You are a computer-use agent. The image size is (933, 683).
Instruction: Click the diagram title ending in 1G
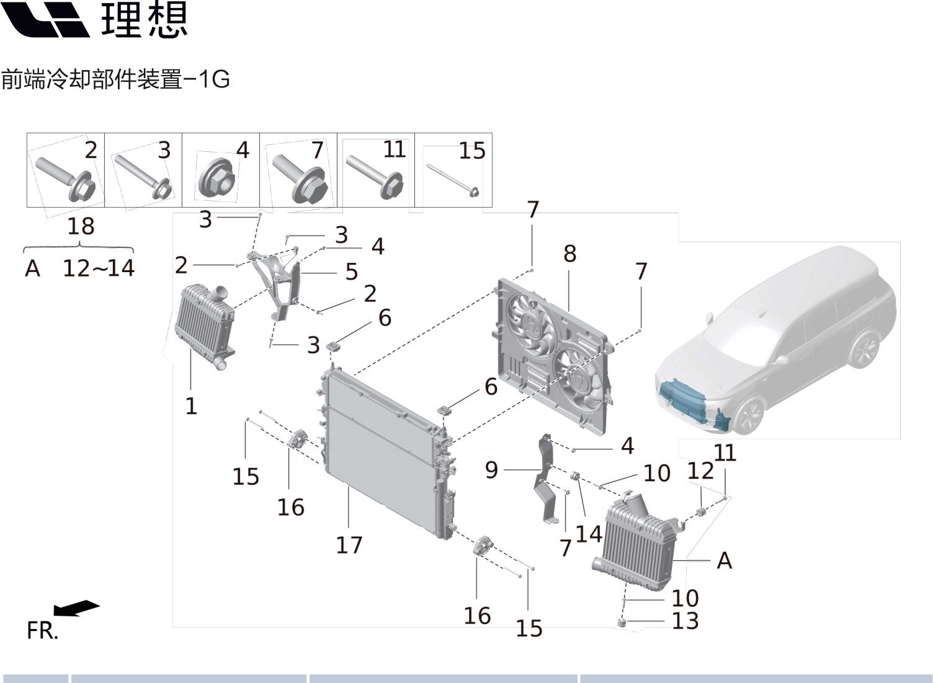(115, 79)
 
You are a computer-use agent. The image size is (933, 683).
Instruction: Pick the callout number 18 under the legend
(81, 226)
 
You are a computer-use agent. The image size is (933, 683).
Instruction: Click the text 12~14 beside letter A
(99, 268)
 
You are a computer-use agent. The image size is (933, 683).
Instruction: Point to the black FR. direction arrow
(76, 608)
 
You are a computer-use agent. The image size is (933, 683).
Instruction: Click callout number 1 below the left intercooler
(191, 407)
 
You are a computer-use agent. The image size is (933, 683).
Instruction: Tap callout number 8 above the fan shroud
(569, 253)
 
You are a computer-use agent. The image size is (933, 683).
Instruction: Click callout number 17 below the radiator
(349, 545)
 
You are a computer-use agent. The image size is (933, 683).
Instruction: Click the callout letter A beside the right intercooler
(724, 560)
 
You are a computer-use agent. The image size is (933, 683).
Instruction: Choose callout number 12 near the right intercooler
(700, 471)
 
